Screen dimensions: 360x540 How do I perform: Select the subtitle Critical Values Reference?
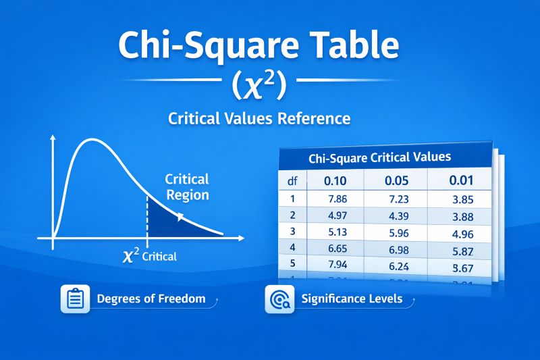pos(259,119)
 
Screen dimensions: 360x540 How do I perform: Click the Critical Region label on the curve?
pos(187,187)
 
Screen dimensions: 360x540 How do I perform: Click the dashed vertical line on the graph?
pos(147,216)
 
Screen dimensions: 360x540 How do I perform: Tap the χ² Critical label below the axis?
pos(150,256)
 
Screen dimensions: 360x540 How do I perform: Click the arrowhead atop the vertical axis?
pos(53,138)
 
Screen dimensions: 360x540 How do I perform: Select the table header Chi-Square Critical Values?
pos(379,159)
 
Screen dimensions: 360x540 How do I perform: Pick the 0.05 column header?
pos(397,181)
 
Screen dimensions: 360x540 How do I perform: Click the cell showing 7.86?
pos(335,199)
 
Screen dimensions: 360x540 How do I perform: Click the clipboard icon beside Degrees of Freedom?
pos(75,298)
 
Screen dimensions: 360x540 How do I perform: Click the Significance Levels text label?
pos(352,299)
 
